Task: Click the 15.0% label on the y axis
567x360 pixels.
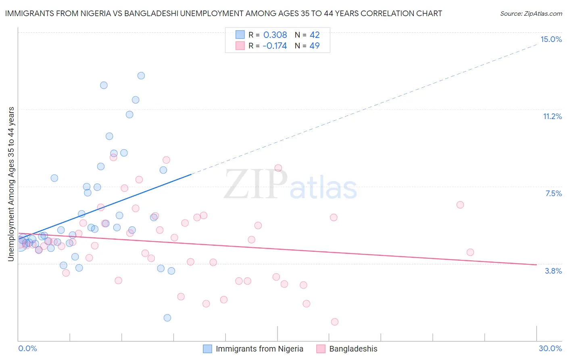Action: [x=551, y=39]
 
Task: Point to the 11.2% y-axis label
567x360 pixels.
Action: [x=552, y=116]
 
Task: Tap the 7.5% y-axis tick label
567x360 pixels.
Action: [x=553, y=193]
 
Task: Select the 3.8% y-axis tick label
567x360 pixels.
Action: [x=553, y=271]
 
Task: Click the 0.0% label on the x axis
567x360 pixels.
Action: [x=27, y=348]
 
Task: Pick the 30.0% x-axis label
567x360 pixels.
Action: [x=550, y=348]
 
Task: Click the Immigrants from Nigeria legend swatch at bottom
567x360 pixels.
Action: [x=207, y=349]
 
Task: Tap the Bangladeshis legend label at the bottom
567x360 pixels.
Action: [x=353, y=349]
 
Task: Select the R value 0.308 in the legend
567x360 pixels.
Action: [x=275, y=35]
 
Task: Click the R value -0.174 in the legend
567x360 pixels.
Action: [x=274, y=46]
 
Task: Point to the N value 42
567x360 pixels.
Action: [x=315, y=35]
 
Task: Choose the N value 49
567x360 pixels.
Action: [x=315, y=46]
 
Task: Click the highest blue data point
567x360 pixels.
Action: [x=141, y=75]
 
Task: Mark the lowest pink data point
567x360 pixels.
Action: [x=334, y=322]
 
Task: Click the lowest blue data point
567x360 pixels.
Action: [x=167, y=318]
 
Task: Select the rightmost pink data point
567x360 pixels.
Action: [x=470, y=252]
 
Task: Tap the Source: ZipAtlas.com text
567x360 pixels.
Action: [x=531, y=13]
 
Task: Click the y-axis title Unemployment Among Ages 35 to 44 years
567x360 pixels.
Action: [x=11, y=184]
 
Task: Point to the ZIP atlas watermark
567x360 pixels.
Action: [x=290, y=185]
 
